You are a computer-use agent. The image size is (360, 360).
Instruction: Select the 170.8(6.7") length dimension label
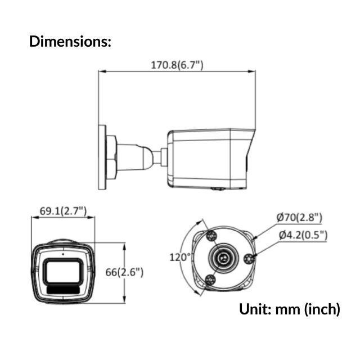(x=177, y=65)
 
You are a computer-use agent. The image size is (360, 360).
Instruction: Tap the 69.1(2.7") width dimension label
(x=63, y=211)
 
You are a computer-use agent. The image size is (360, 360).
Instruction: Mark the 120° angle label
(x=181, y=257)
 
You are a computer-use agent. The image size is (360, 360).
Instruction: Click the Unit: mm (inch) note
(x=290, y=308)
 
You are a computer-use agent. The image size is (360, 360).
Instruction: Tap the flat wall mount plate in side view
(x=102, y=158)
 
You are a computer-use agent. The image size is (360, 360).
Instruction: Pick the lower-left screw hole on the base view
(x=211, y=281)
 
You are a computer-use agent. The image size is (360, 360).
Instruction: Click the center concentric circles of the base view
(x=224, y=258)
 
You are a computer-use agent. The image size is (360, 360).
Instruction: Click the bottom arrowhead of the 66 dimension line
(x=124, y=301)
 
